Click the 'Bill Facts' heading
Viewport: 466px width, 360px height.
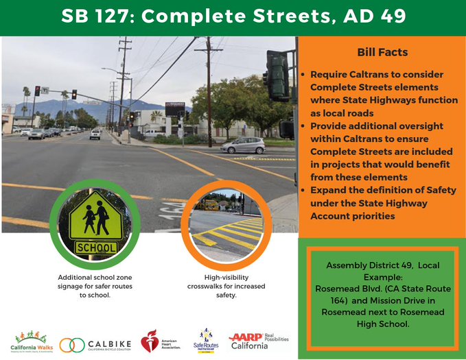click(x=383, y=52)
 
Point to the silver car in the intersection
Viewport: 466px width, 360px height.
click(x=242, y=145)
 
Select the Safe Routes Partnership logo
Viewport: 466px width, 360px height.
click(x=206, y=339)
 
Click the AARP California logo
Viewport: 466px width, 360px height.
click(x=257, y=341)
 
